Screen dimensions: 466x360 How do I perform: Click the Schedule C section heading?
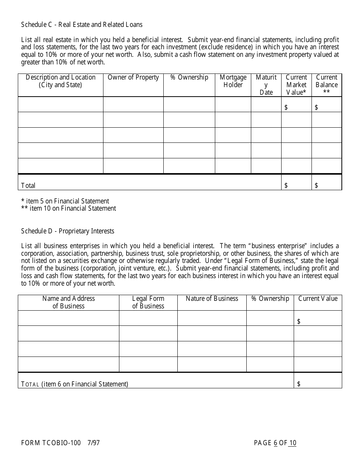click(x=82, y=25)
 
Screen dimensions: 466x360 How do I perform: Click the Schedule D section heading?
click(x=67, y=231)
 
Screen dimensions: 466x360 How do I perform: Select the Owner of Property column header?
click(x=133, y=78)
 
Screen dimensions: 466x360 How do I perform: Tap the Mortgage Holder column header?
click(x=233, y=81)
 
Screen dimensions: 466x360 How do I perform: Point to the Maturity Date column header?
click(x=266, y=85)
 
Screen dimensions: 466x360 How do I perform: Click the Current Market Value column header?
click(x=296, y=85)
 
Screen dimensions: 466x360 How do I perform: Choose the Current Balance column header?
click(x=326, y=85)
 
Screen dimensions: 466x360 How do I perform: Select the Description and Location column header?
click(x=61, y=81)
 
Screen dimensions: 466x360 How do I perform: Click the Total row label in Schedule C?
click(x=28, y=185)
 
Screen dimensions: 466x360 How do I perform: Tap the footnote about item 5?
click(x=65, y=201)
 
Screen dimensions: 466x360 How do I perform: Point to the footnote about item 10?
click(x=69, y=208)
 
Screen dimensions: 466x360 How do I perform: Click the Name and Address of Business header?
click(x=69, y=302)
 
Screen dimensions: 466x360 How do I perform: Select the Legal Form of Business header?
click(x=148, y=302)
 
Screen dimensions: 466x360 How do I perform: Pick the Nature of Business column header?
click(x=212, y=299)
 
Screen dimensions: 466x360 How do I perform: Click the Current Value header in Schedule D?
click(x=318, y=299)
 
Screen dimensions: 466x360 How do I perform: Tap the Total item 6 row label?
click(x=75, y=384)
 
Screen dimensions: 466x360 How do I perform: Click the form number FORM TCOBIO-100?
click(x=51, y=443)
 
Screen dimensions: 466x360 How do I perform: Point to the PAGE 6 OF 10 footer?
click(x=275, y=443)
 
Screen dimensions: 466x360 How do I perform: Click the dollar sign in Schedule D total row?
click(x=299, y=384)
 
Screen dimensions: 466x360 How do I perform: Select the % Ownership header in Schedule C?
click(x=189, y=78)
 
